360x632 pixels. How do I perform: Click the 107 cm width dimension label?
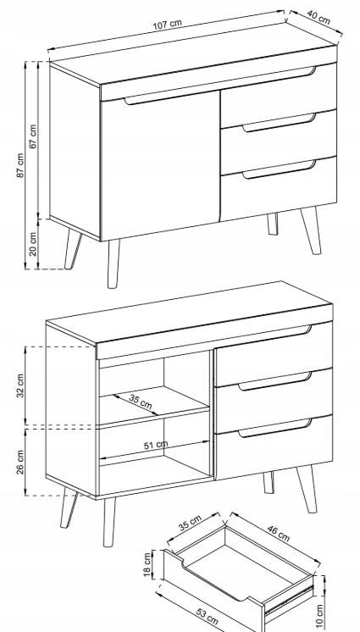pyautogui.click(x=168, y=25)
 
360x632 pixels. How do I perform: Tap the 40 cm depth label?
pyautogui.click(x=318, y=17)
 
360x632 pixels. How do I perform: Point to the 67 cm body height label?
pyautogui.click(x=33, y=136)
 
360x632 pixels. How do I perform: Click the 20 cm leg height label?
pyautogui.click(x=33, y=244)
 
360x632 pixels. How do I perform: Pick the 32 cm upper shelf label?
pyautogui.click(x=20, y=385)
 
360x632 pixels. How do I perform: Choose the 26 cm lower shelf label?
pyautogui.click(x=20, y=462)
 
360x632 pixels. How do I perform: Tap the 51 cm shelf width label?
pyautogui.click(x=156, y=445)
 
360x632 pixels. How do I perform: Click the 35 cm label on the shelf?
pyautogui.click(x=141, y=402)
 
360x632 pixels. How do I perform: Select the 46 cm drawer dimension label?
pyautogui.click(x=278, y=533)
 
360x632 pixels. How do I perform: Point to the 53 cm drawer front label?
pyautogui.click(x=208, y=616)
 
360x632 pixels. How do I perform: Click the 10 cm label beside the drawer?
pyautogui.click(x=319, y=616)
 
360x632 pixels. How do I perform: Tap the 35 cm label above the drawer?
pyautogui.click(x=190, y=524)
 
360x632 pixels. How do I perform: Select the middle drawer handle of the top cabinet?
pyautogui.click(x=279, y=123)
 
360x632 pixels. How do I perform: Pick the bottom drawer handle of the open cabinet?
pyautogui.click(x=275, y=428)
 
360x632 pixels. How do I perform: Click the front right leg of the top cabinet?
pyautogui.click(x=311, y=231)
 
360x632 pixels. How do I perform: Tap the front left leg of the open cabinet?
pyautogui.click(x=108, y=522)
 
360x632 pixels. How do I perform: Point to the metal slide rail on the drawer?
pyautogui.click(x=288, y=599)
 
